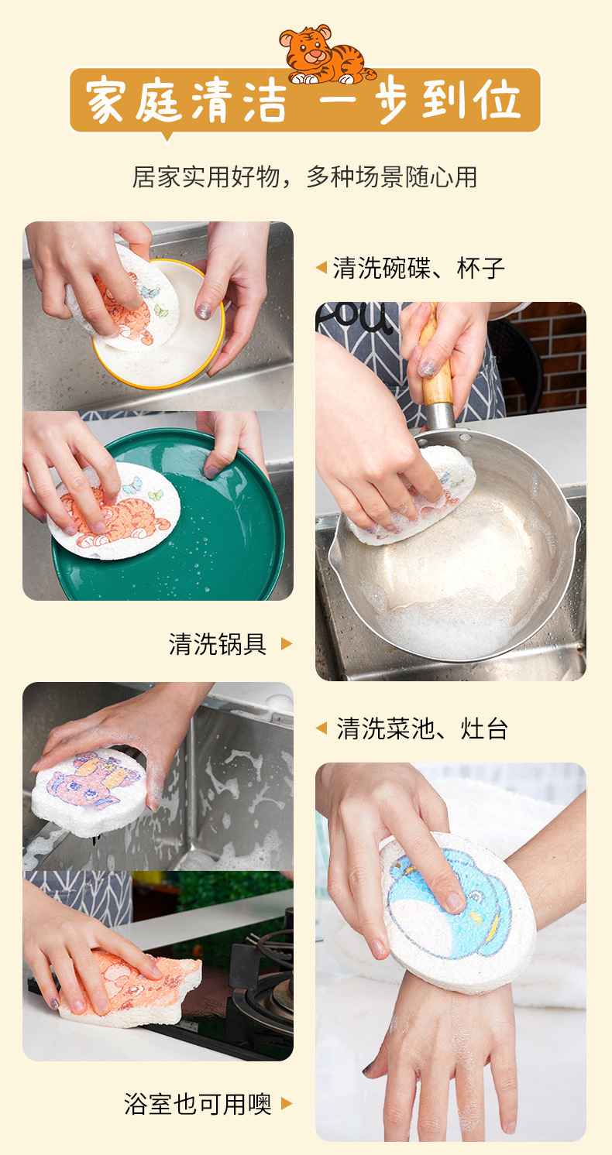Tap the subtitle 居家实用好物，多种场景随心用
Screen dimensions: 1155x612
point(304,177)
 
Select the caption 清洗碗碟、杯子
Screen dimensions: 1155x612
point(418,268)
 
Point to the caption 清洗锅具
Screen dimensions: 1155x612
point(218,643)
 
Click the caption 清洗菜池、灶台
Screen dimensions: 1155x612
point(422,728)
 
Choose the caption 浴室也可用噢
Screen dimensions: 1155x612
point(198,1103)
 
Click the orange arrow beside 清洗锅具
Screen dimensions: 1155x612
point(286,643)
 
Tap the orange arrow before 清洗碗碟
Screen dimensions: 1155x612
point(321,268)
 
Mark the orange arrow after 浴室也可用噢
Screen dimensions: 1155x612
point(287,1103)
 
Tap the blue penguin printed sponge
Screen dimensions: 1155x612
point(457,913)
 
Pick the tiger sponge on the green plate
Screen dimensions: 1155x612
point(116,511)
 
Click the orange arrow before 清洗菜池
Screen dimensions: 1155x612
point(321,728)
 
